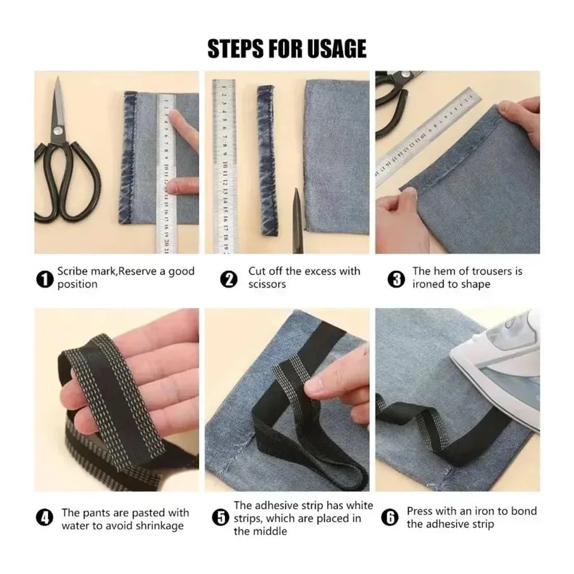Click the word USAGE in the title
click(x=336, y=49)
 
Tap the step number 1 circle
click(x=45, y=280)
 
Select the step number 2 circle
click(x=229, y=280)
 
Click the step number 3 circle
click(x=396, y=280)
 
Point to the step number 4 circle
click(x=45, y=518)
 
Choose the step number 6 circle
click(x=390, y=518)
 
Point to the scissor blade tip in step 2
click(x=296, y=189)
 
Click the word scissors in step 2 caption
click(x=267, y=284)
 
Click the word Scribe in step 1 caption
click(x=72, y=272)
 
